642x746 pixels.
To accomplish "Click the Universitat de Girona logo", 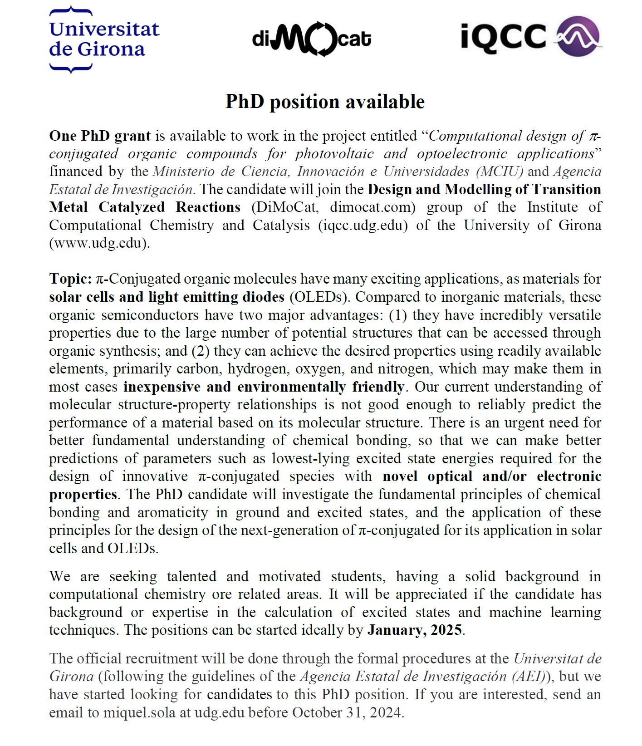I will [104, 40].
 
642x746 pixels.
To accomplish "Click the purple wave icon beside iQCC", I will [578, 36].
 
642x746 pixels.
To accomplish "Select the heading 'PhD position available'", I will [325, 102].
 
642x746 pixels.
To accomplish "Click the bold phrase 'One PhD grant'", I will [100, 136].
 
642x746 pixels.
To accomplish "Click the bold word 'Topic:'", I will [70, 279].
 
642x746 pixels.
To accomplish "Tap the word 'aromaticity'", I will [172, 513].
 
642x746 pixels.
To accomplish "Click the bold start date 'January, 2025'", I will [415, 630].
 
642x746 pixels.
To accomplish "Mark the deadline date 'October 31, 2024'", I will [347, 713].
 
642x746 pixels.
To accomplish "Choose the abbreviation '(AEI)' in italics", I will [527, 677].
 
